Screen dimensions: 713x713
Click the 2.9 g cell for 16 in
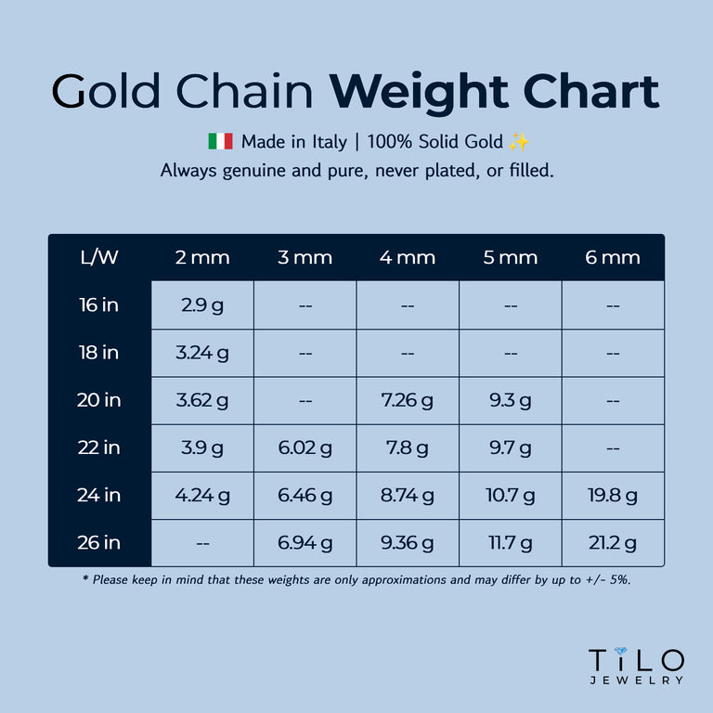pos(202,305)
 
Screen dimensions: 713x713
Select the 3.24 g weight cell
pos(202,353)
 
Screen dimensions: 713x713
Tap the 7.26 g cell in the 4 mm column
pos(407,400)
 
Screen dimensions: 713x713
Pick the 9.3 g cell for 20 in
pos(510,400)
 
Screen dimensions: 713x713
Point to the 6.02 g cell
pos(305,447)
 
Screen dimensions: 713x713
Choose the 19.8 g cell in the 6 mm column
pos(612,495)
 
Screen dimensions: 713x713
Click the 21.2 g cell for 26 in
pos(612,542)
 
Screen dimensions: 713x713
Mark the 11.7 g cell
pos(510,542)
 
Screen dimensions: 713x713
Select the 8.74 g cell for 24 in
pos(407,495)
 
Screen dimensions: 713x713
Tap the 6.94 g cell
pos(305,542)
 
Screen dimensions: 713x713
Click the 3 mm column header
pos(305,257)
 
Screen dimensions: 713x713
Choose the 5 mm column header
pos(510,257)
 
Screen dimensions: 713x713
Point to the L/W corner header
pos(99,257)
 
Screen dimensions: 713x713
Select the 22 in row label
pos(99,447)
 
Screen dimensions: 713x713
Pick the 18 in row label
pos(99,353)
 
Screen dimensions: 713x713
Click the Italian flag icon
pos(220,142)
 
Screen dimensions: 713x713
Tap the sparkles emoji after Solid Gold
pos(519,142)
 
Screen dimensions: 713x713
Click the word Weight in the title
pos(419,92)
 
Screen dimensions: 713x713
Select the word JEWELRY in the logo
pos(637,681)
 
